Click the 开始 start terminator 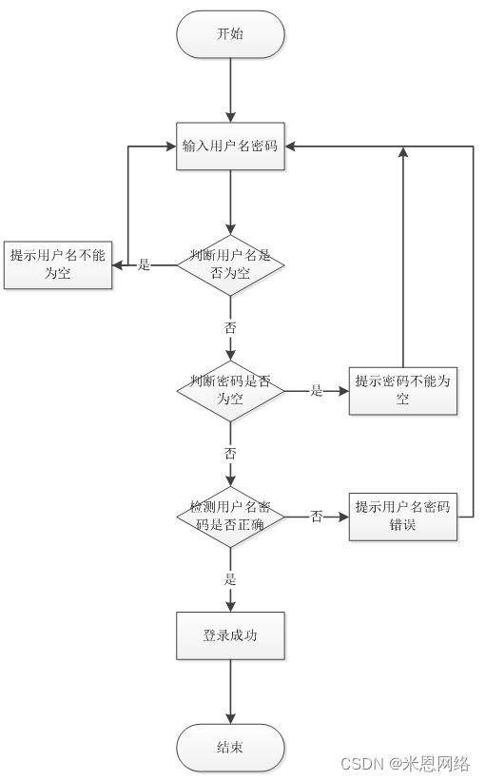click(230, 34)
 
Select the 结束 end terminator click(230, 747)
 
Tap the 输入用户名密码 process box click(230, 146)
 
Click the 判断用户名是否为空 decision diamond click(230, 265)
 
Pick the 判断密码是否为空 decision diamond click(230, 391)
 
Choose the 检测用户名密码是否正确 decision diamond click(230, 517)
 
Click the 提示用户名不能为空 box click(58, 265)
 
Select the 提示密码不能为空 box click(403, 391)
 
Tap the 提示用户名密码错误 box click(403, 517)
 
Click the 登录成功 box click(230, 636)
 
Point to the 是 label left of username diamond click(144, 265)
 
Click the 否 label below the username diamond click(230, 328)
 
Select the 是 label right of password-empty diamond click(317, 391)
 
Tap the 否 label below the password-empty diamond click(230, 454)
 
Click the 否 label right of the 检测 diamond click(317, 517)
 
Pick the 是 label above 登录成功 click(230, 579)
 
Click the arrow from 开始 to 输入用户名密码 click(230, 90)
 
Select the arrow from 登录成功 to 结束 click(230, 692)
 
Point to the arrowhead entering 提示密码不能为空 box click(343, 391)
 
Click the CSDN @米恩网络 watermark click(405, 764)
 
